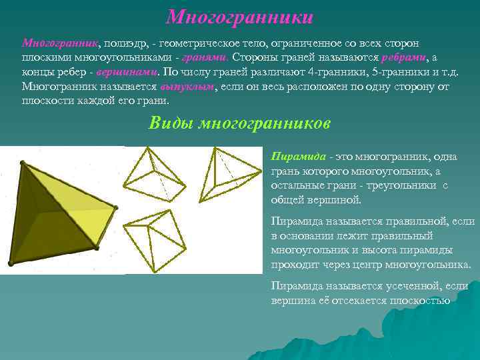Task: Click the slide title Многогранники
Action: coord(239,16)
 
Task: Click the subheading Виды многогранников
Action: coord(239,124)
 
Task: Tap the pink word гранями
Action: coord(206,57)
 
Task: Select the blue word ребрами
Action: coord(403,57)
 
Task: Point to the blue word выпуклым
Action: coord(187,87)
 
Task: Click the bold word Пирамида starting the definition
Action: coord(298,157)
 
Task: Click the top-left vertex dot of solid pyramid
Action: coord(23,162)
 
